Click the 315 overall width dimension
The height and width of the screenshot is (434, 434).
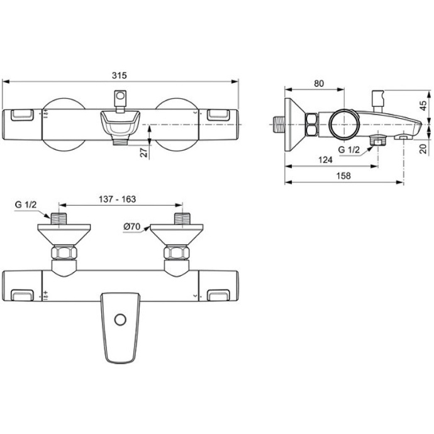pos(120,75)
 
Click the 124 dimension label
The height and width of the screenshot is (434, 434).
pos(325,161)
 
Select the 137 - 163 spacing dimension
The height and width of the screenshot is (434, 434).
pos(118,199)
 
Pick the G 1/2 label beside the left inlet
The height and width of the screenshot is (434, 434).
pos(26,205)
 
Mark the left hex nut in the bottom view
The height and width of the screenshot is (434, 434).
pos(63,254)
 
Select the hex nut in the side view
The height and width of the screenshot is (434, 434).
pos(313,125)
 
